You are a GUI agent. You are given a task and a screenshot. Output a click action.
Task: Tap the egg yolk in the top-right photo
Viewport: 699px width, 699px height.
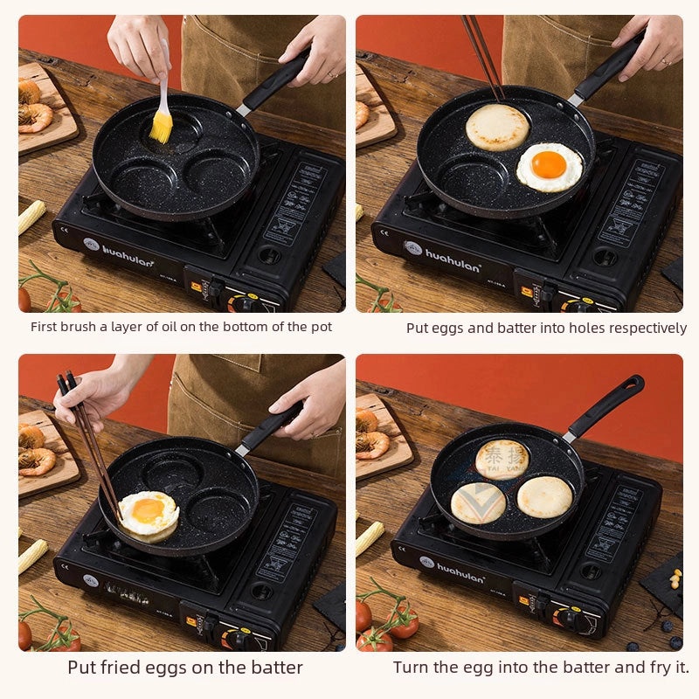(548, 164)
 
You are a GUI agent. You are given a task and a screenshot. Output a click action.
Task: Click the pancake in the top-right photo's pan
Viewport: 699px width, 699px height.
(497, 127)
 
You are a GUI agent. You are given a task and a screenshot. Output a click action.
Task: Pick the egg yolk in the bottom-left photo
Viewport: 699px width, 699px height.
(148, 509)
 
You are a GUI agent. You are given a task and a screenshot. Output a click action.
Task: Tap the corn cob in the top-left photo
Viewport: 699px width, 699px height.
(31, 217)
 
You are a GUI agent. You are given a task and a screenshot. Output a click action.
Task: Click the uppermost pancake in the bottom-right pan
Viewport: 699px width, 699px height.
(502, 458)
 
